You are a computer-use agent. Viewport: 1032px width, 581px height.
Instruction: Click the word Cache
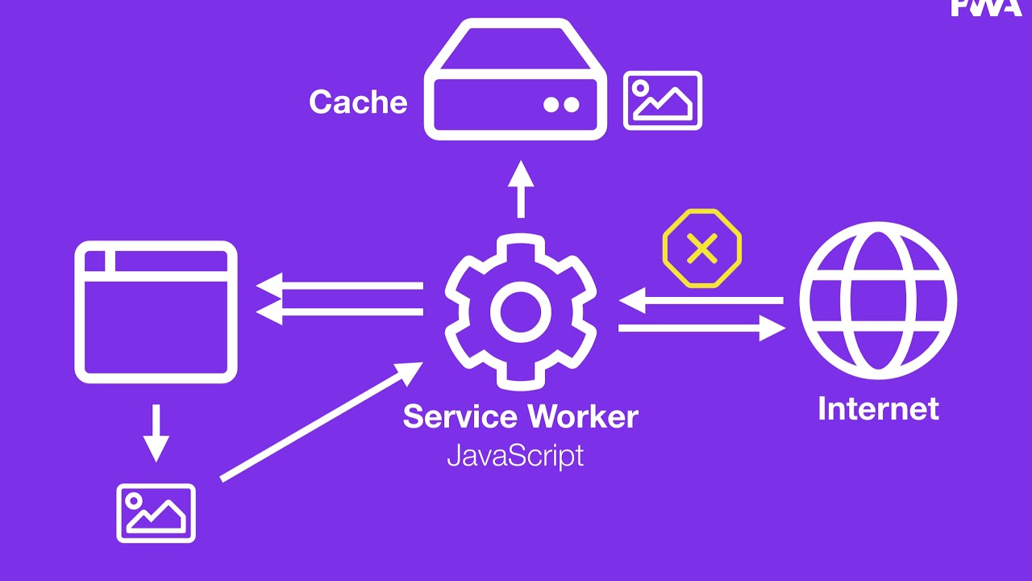point(358,102)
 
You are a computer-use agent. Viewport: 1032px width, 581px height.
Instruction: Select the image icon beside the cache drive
point(663,100)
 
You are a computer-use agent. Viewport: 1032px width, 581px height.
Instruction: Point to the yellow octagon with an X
point(702,249)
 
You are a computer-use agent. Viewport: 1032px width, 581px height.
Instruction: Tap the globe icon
point(878,300)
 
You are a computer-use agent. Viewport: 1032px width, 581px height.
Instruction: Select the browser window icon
point(156,311)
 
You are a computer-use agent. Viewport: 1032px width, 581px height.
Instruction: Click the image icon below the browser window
point(156,513)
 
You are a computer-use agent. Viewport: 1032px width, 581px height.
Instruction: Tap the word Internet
point(878,408)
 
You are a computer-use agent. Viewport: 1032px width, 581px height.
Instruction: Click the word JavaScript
point(515,456)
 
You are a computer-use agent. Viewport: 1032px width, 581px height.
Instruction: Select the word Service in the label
point(460,416)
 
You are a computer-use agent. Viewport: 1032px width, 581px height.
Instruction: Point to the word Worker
point(583,416)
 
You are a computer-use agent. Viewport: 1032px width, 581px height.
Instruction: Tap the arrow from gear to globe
point(701,328)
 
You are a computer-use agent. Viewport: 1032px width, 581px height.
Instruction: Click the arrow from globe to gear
point(701,301)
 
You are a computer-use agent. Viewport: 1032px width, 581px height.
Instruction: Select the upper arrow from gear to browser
point(339,286)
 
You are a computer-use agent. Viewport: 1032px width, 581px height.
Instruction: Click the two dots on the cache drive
point(561,104)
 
